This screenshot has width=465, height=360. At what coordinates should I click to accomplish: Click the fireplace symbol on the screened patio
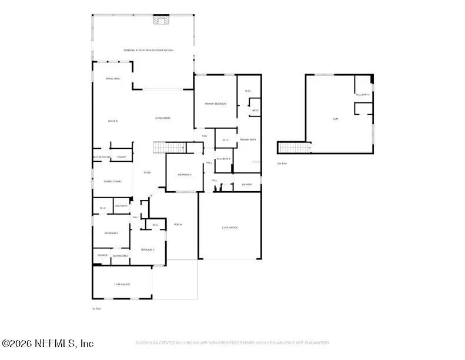160,21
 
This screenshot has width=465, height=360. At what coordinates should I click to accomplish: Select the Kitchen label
112,121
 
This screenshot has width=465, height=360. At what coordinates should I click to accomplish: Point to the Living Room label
163,118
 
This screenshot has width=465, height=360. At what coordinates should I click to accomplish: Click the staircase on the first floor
164,147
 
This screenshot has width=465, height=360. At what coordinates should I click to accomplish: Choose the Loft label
336,119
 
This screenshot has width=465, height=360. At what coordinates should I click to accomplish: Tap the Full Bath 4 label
363,95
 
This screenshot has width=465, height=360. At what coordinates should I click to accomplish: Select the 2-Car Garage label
230,227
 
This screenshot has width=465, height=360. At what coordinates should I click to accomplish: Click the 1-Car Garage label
122,284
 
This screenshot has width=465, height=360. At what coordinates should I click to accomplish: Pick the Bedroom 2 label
112,234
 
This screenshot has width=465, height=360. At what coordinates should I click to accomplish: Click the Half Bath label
122,206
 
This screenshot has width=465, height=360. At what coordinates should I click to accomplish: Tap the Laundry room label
247,184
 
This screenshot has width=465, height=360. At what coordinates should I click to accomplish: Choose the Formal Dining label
113,181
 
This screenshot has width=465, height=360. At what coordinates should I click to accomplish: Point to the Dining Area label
113,78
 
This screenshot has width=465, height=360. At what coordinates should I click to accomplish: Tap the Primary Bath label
247,139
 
